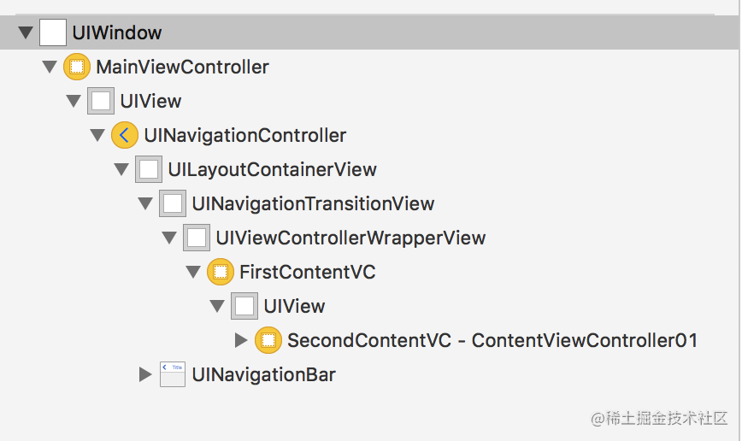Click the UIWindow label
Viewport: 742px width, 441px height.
pos(117,32)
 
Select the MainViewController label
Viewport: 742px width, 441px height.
pos(182,67)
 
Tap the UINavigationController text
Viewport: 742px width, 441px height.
pos(245,135)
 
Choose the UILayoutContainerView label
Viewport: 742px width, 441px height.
pos(272,169)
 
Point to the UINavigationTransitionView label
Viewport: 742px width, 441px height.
pos(313,204)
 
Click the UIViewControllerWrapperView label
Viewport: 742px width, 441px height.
pos(350,238)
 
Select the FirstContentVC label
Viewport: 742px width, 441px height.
pos(308,272)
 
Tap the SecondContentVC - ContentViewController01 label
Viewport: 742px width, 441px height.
pos(492,340)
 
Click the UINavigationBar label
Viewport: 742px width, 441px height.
pos(263,374)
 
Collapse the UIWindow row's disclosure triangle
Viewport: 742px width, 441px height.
pos(26,32)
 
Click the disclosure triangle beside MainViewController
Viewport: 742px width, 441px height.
pos(50,67)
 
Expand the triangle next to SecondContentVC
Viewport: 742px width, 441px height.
pos(241,340)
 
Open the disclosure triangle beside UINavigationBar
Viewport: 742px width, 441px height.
pos(145,374)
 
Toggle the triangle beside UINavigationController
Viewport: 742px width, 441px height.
pos(97,135)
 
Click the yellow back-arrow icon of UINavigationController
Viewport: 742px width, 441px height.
pos(125,135)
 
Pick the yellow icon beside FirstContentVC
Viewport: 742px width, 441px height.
pos(221,272)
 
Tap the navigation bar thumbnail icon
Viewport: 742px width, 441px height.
pos(173,374)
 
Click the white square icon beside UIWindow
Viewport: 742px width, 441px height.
pos(52,32)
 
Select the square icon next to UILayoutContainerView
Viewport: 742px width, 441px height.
pos(149,169)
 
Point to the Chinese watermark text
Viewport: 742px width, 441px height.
pos(659,418)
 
